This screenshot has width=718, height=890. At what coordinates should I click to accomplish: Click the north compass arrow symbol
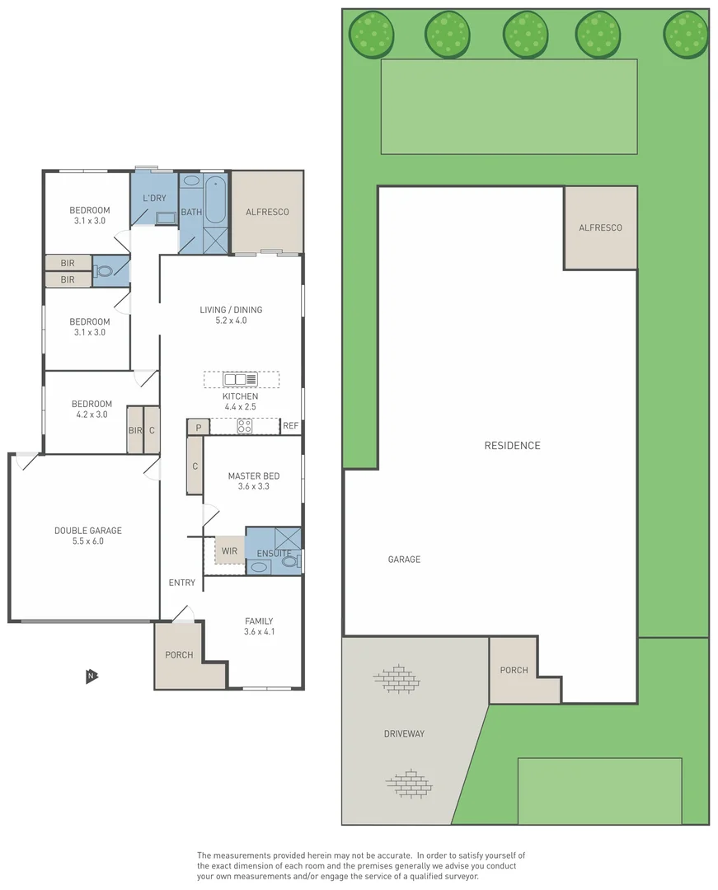92,676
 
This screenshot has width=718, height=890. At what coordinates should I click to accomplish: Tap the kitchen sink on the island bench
240,379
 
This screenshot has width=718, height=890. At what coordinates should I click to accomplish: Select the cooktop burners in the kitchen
245,426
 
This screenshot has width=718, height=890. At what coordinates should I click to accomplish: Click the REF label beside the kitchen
290,426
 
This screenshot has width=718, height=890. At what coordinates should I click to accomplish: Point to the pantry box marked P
198,427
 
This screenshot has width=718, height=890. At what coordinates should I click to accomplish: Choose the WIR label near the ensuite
228,551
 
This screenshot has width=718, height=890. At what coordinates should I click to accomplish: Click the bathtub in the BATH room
215,199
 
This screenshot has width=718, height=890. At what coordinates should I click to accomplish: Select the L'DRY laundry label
154,198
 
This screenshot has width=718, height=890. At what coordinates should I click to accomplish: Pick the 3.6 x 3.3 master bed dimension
253,486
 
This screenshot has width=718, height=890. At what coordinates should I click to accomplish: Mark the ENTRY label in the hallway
182,583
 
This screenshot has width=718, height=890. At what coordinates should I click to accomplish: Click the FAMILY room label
258,621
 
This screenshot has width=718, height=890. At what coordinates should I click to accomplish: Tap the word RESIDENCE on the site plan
512,446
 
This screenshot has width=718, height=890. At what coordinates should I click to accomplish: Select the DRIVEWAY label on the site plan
404,733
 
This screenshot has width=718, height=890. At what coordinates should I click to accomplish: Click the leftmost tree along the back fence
371,34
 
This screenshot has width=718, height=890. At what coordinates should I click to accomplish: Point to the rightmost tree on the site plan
685,34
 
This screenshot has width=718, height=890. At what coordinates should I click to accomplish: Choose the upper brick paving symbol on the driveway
396,679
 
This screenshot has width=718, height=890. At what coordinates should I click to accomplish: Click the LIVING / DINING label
231,310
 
